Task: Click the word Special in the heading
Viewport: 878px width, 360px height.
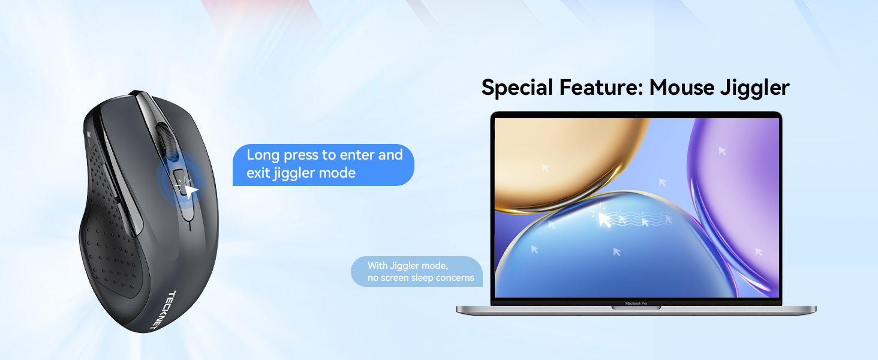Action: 517,88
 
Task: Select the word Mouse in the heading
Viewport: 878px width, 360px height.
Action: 682,87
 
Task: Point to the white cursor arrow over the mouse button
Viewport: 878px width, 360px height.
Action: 191,192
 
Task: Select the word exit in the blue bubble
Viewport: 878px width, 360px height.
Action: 258,173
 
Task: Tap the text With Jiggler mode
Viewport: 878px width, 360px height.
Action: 408,266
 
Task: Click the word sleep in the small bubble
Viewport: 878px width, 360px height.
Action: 422,278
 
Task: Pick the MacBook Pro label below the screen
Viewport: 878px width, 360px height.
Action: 636,303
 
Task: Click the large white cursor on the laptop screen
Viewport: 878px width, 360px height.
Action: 605,220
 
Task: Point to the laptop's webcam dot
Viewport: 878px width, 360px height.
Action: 636,116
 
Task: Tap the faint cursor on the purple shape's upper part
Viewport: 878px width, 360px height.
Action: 722,151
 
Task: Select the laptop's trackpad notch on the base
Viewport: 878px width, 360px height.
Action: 636,308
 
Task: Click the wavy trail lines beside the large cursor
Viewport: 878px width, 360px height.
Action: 643,218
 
